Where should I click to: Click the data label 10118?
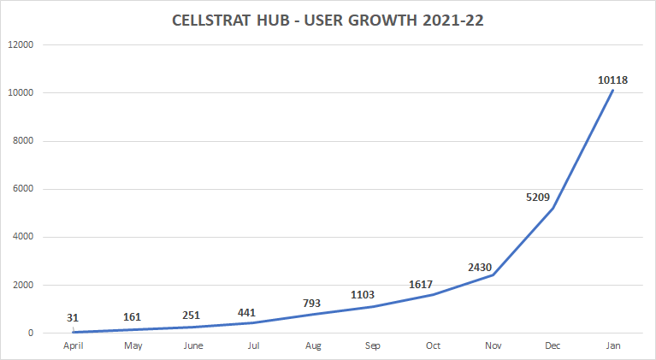612,80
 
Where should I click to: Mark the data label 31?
73,318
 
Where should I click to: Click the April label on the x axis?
73,345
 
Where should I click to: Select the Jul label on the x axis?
253,345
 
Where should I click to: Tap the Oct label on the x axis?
433,345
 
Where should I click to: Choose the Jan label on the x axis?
612,345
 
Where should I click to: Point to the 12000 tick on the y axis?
21,44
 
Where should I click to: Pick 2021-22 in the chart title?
453,21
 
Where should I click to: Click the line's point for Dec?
553,208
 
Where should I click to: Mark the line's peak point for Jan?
612,90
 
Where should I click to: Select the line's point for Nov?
493,274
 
